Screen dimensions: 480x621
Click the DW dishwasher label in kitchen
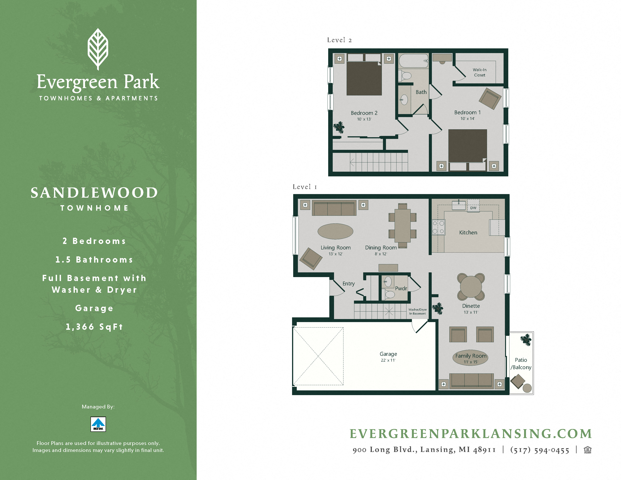point(473,208)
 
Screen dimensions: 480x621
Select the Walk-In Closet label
point(479,72)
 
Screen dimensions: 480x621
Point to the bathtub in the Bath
point(414,61)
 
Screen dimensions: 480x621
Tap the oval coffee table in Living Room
point(335,231)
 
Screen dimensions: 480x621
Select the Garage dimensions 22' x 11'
point(388,360)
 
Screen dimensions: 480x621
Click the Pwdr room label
point(401,288)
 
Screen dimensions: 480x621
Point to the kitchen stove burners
point(438,227)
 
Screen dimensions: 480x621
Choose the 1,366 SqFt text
point(94,327)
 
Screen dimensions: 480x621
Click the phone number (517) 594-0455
point(540,450)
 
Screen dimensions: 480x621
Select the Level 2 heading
point(339,40)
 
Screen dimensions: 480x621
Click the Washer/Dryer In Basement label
point(417,311)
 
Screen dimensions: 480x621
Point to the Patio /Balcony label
point(521,363)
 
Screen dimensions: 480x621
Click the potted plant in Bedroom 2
point(339,127)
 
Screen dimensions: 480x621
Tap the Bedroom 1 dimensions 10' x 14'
point(467,119)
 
